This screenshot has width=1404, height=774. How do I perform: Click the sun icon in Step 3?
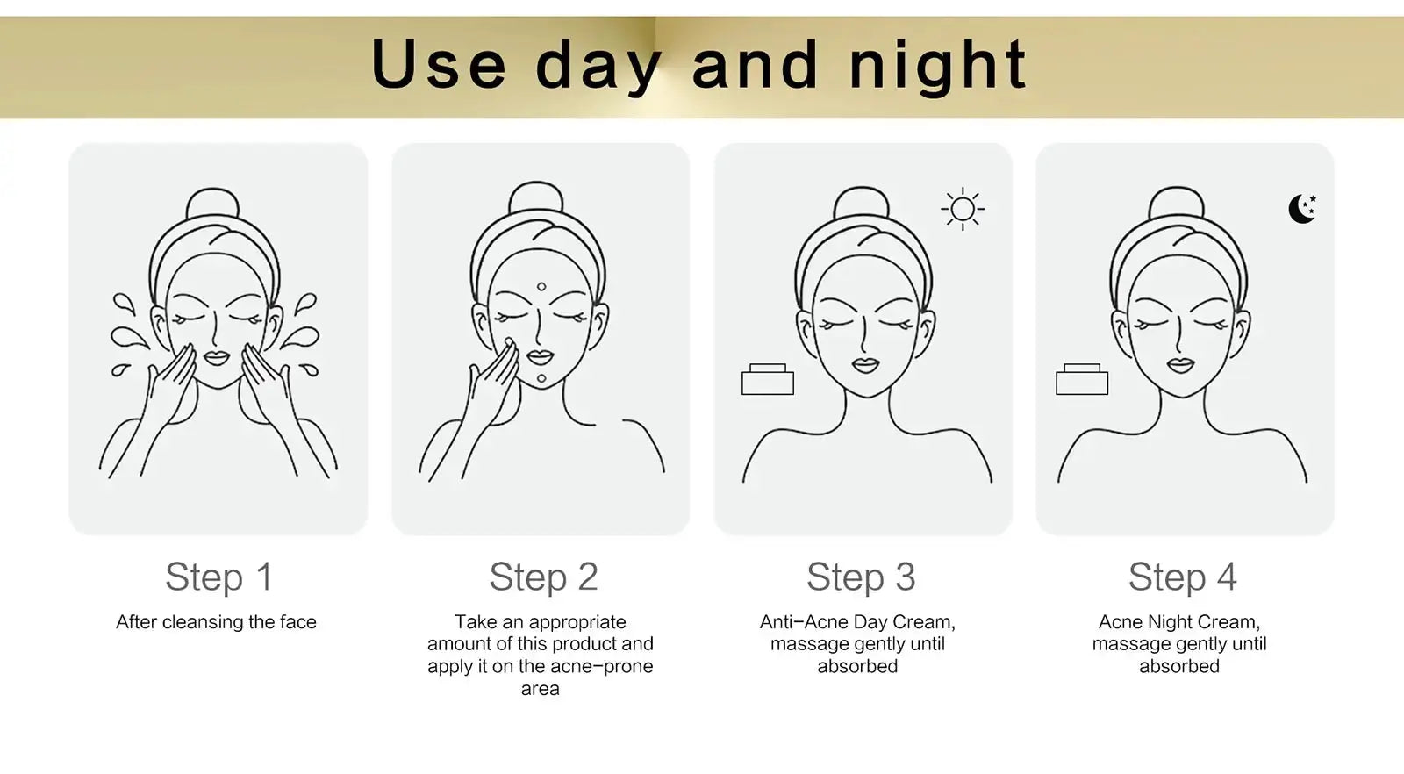pyautogui.click(x=963, y=209)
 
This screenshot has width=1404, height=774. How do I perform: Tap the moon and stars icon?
pyautogui.click(x=1302, y=209)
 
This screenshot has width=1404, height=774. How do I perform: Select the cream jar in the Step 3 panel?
pyautogui.click(x=768, y=379)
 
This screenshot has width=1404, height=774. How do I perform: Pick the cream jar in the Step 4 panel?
pyautogui.click(x=1082, y=379)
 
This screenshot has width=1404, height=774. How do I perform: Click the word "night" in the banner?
pyautogui.click(x=938, y=65)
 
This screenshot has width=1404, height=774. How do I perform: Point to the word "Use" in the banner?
pyautogui.click(x=439, y=65)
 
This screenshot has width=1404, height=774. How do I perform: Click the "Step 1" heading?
pyautogui.click(x=218, y=577)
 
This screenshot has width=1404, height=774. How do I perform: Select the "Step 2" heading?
pyautogui.click(x=543, y=577)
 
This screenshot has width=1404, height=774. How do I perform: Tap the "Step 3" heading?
pyautogui.click(x=861, y=577)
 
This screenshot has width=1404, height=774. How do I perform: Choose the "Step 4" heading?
pyautogui.click(x=1183, y=577)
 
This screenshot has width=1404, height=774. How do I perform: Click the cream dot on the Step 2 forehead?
pyautogui.click(x=541, y=286)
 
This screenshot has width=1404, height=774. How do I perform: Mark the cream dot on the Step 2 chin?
pyautogui.click(x=541, y=378)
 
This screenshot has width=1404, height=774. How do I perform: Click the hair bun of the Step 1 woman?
pyautogui.click(x=213, y=204)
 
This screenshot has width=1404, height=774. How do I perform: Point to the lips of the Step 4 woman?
pyautogui.click(x=1181, y=365)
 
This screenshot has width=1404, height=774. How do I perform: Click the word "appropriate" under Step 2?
pyautogui.click(x=577, y=623)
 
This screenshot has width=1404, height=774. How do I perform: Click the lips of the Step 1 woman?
pyautogui.click(x=217, y=359)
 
